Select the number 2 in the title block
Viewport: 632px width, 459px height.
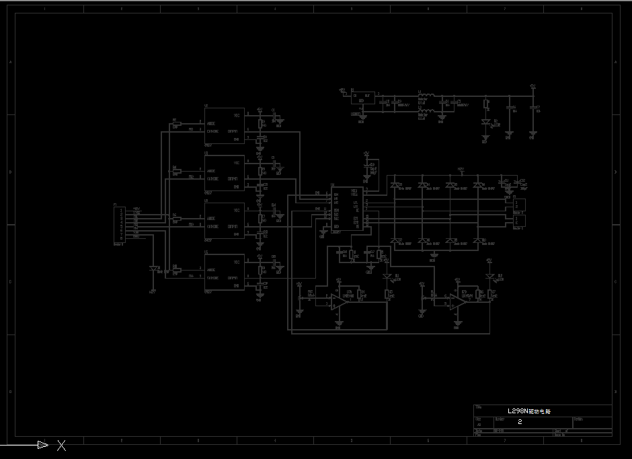click(520, 421)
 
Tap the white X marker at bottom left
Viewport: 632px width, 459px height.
click(61, 445)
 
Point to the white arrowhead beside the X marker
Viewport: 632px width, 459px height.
click(42, 444)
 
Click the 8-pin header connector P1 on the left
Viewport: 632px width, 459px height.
click(121, 224)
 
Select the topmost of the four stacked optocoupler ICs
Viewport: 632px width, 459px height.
click(225, 125)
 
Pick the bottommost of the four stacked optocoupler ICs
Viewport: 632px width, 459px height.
click(225, 272)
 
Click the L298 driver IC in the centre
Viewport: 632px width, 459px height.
click(346, 208)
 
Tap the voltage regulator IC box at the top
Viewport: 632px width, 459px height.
click(364, 98)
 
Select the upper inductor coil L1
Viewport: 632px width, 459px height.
click(427, 95)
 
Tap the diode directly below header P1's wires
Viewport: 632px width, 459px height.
click(154, 269)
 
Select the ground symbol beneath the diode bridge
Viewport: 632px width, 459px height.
click(434, 255)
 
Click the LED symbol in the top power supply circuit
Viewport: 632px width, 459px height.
click(485, 122)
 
